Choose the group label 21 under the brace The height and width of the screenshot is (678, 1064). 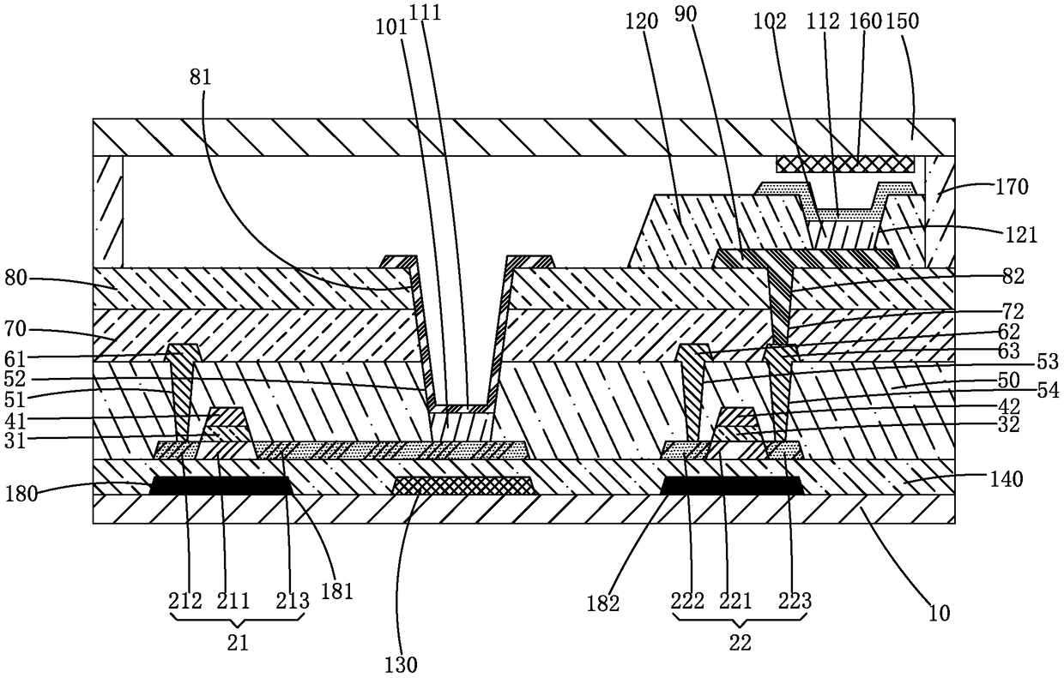click(x=239, y=643)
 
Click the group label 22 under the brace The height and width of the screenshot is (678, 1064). click(x=739, y=643)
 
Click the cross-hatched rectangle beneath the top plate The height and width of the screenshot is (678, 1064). click(x=845, y=164)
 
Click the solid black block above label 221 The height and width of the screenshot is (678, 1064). click(x=734, y=486)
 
